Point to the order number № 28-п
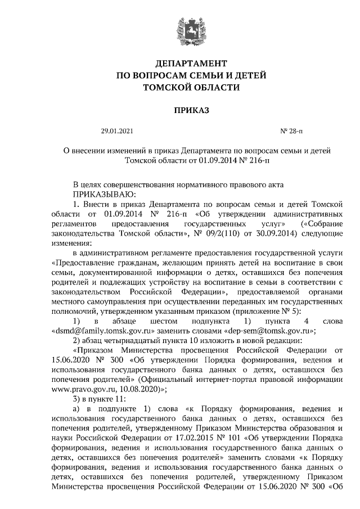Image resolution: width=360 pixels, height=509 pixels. pyautogui.click(x=291, y=132)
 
